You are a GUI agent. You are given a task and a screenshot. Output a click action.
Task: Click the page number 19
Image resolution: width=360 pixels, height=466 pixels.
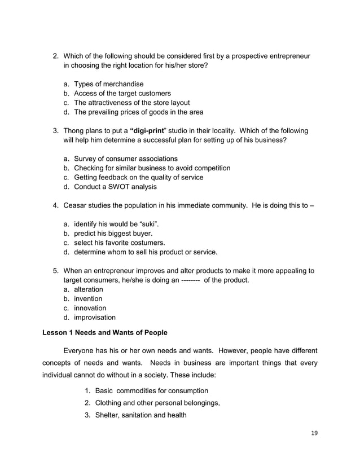click(x=314, y=433)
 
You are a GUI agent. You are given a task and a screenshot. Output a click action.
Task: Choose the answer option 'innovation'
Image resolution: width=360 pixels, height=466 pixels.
click(x=90, y=308)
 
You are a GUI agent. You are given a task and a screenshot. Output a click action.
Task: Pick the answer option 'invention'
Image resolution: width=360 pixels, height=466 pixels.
click(x=88, y=298)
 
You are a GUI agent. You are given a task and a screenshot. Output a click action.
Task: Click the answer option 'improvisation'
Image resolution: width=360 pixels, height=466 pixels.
click(x=94, y=318)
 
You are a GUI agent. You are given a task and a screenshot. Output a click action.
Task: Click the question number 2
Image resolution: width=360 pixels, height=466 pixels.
click(x=55, y=56)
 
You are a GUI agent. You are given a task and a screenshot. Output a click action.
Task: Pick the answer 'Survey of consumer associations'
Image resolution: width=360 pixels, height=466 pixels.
click(x=125, y=159)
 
